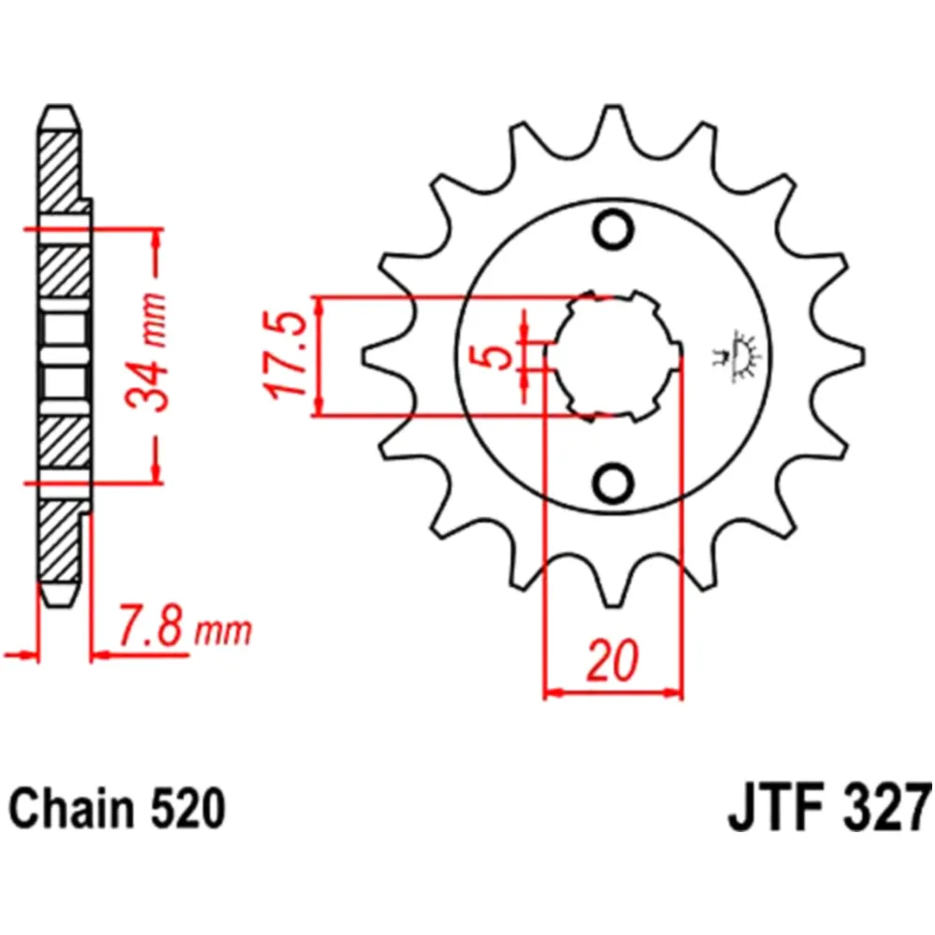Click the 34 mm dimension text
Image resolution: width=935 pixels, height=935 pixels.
pyautogui.click(x=148, y=353)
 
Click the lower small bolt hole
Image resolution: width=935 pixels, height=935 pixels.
pyautogui.click(x=613, y=483)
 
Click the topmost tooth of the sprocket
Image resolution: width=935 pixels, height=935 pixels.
pyautogui.click(x=613, y=122)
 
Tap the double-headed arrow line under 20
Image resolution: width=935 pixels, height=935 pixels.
pyautogui.click(x=613, y=694)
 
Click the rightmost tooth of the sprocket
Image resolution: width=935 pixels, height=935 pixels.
pyautogui.click(x=846, y=356)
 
